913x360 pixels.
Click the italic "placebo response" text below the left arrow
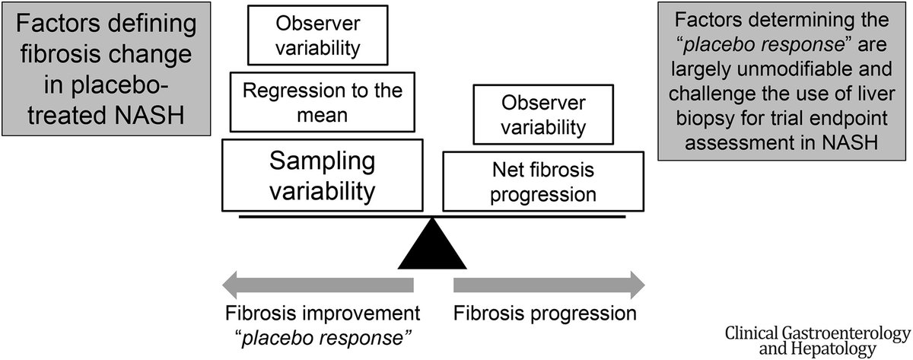click(x=323, y=339)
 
